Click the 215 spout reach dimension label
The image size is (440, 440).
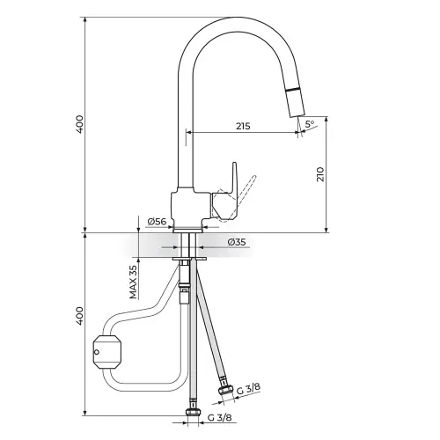[243, 126]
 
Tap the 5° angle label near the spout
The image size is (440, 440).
[310, 124]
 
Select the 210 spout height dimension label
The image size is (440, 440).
[320, 174]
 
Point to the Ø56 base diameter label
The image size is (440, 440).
[157, 222]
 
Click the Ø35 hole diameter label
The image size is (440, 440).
[237, 242]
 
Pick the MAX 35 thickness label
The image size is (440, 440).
[134, 282]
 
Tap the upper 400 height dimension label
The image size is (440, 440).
[79, 124]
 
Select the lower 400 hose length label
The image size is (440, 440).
[79, 316]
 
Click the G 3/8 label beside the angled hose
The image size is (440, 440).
[248, 389]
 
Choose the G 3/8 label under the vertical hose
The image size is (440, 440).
[219, 417]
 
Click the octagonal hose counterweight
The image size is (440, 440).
[106, 352]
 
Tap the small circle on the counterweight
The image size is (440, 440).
[97, 352]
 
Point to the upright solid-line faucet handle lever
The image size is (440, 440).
[234, 178]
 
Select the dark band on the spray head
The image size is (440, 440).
[293, 90]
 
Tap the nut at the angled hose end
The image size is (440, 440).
[225, 388]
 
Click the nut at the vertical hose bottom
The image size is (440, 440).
[193, 413]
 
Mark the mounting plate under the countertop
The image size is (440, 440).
[189, 259]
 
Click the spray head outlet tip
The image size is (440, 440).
[298, 115]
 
